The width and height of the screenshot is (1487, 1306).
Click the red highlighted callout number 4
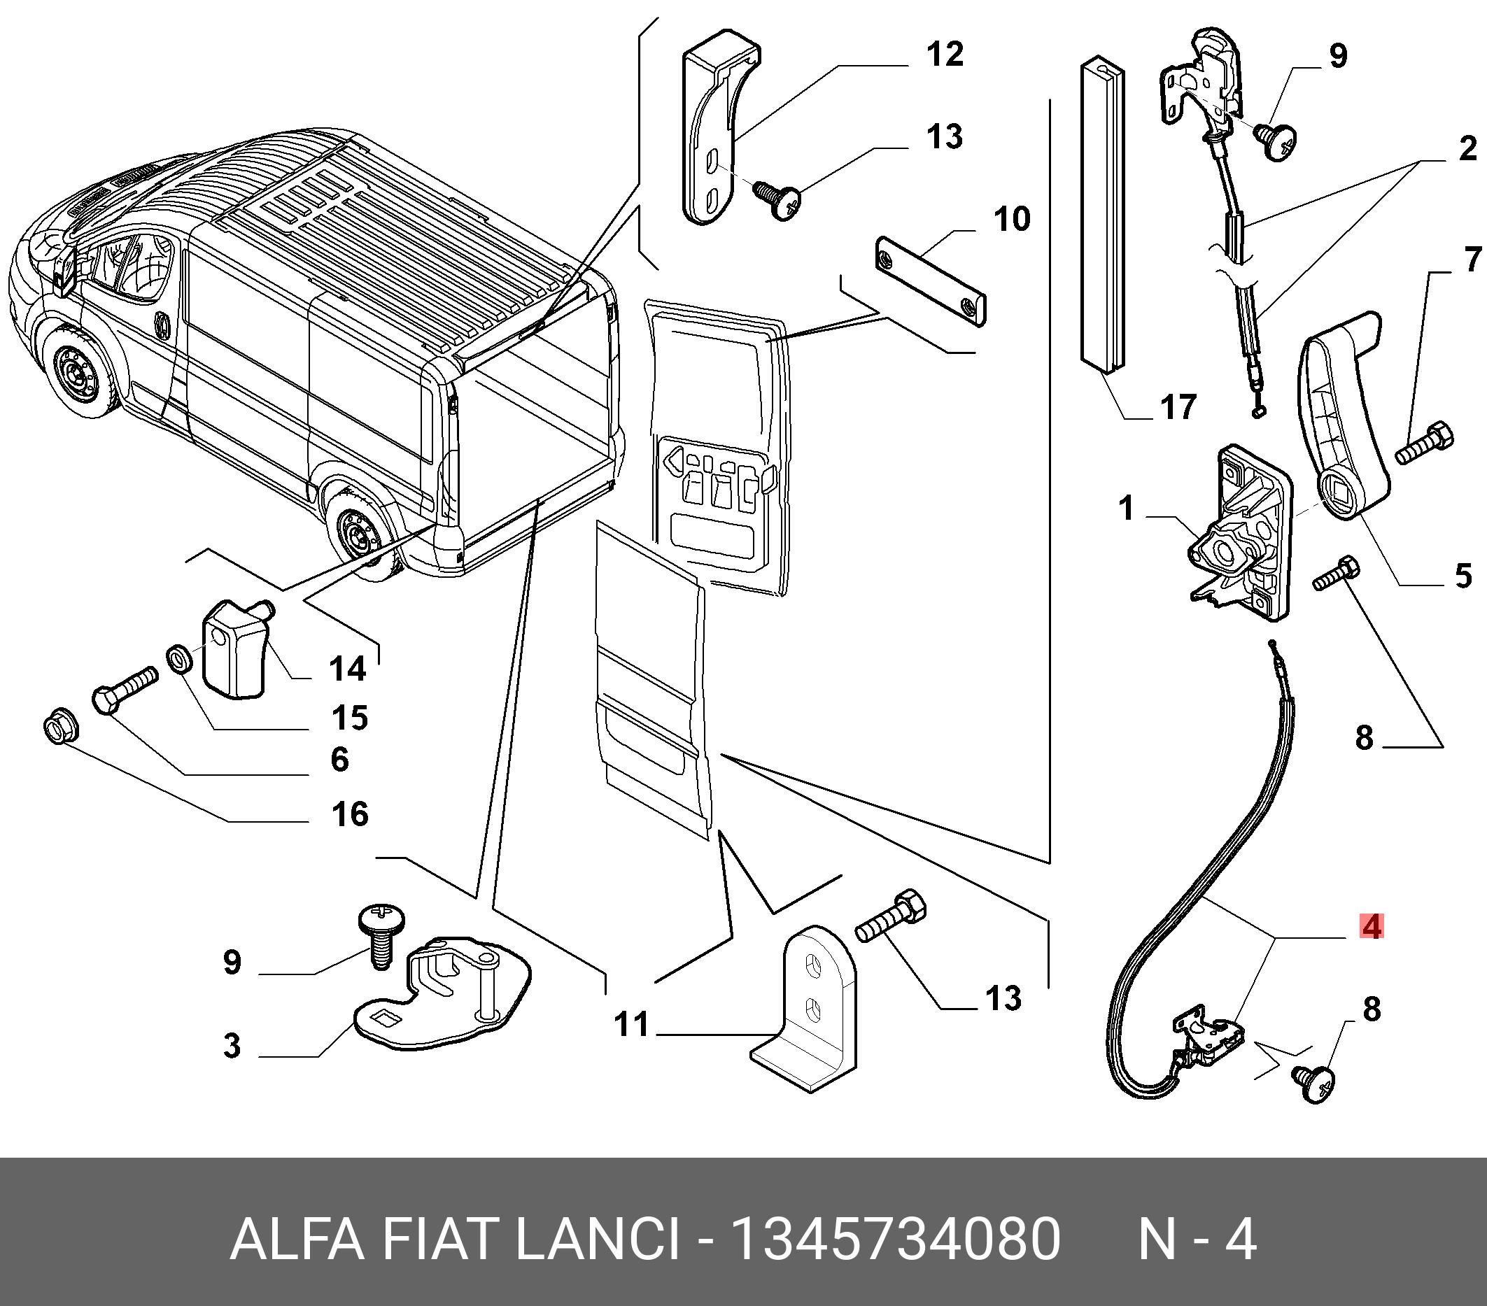(1372, 927)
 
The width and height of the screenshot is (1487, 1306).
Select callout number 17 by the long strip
(1178, 407)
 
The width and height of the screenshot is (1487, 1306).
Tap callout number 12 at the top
(945, 55)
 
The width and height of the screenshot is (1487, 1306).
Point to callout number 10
(1012, 219)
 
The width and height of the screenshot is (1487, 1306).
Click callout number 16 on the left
(350, 814)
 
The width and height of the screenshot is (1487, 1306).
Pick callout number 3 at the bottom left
(232, 1046)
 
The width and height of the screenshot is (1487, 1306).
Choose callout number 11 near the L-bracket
(630, 1025)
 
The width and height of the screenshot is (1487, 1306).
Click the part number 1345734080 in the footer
(896, 1240)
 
